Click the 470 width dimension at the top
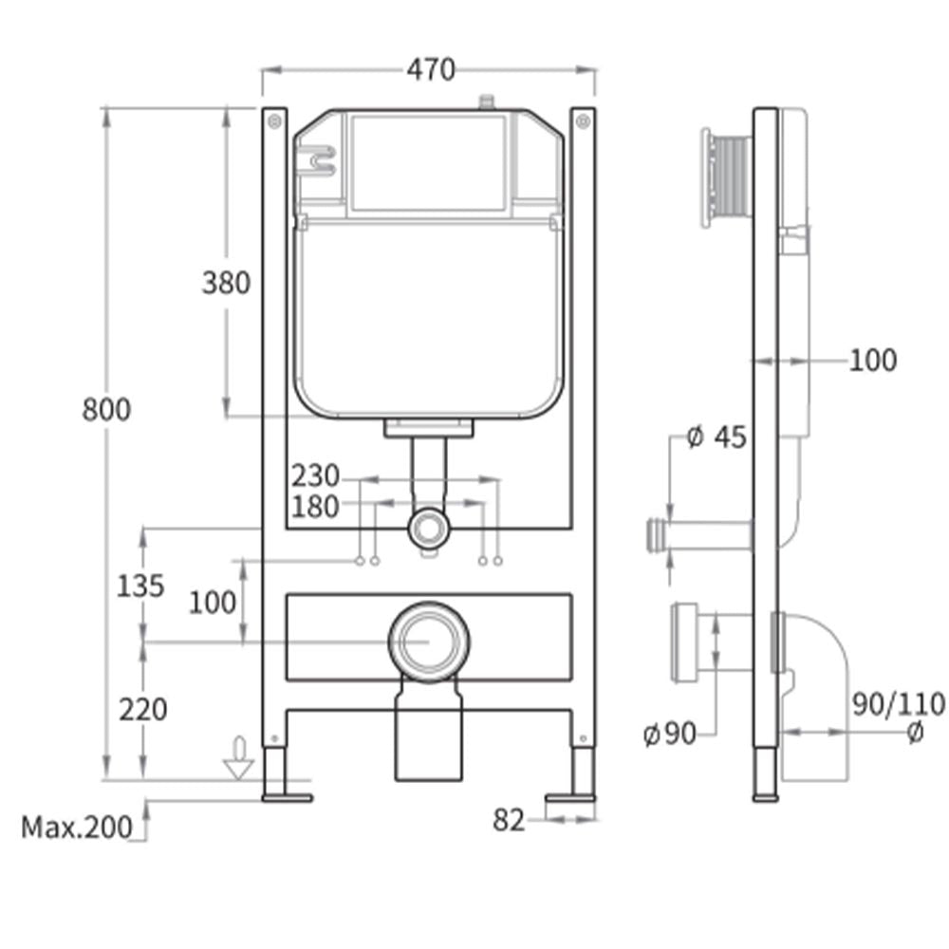click(432, 70)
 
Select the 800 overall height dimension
click(106, 410)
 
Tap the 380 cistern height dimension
click(226, 282)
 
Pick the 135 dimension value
click(140, 586)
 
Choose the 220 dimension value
click(142, 709)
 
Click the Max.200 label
click(78, 828)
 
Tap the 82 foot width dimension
click(509, 820)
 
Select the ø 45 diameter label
click(716, 437)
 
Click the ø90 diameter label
click(669, 735)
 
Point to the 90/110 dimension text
click(897, 704)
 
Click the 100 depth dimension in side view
click(871, 360)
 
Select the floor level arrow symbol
click(239, 758)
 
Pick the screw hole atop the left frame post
click(274, 121)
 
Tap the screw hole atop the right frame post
click(583, 121)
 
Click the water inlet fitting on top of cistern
click(488, 101)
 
